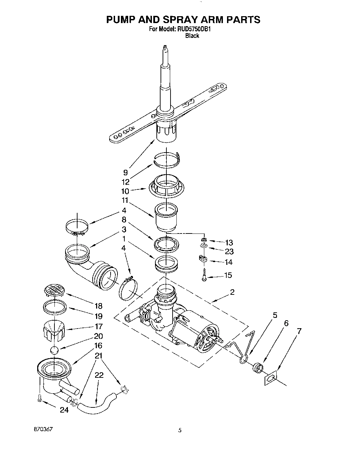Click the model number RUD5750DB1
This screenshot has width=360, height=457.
click(194, 29)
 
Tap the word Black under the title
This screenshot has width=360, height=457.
click(192, 36)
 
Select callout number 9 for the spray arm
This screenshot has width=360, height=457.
click(125, 173)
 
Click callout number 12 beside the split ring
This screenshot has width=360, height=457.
click(125, 182)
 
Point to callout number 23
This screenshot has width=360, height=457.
click(229, 251)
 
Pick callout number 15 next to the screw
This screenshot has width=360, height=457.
click(228, 275)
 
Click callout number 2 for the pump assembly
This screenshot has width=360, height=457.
click(232, 292)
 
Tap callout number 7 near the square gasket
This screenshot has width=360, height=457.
click(299, 331)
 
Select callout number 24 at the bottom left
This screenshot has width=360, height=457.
click(64, 410)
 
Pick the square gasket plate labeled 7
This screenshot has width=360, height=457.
click(271, 379)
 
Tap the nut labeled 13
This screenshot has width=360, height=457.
click(204, 240)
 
